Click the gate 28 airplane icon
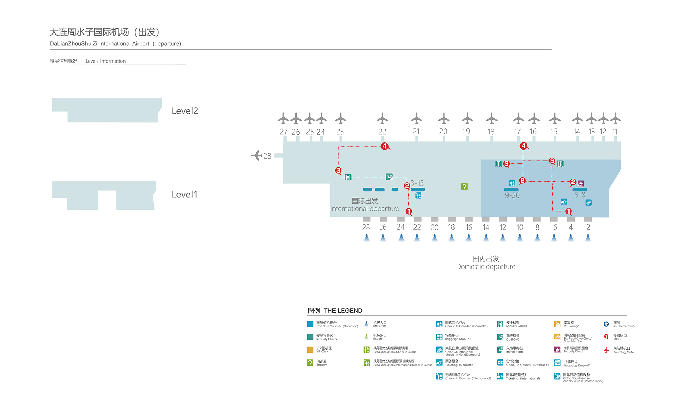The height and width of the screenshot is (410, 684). pos(256,155)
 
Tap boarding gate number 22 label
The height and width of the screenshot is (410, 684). pos(382,132)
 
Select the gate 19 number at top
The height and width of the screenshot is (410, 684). pos(466,132)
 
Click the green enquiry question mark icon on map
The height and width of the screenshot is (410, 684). pos(464,187)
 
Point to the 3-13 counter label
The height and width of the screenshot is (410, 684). pos(417,183)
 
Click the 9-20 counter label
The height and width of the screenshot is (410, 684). pos(512,195)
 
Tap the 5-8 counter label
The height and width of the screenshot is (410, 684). pos(580,195)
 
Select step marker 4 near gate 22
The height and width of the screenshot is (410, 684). pos(385,146)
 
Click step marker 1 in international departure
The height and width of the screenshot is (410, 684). pos(409,211)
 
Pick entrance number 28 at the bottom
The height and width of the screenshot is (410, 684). pos(366,227)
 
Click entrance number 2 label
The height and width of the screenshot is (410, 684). pos(588,227)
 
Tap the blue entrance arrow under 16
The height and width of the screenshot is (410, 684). pos(469,237)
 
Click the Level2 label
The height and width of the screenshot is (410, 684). pos(185,111)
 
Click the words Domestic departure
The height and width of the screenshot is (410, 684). pos(486,266)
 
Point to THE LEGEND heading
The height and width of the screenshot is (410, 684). pos(343,311)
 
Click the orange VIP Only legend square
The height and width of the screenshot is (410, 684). pos(310,350)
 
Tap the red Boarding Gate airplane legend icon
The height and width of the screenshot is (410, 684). pos(606,350)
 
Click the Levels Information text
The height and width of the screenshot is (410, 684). pos(105,61)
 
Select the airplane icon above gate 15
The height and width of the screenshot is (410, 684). pos(555,119)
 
